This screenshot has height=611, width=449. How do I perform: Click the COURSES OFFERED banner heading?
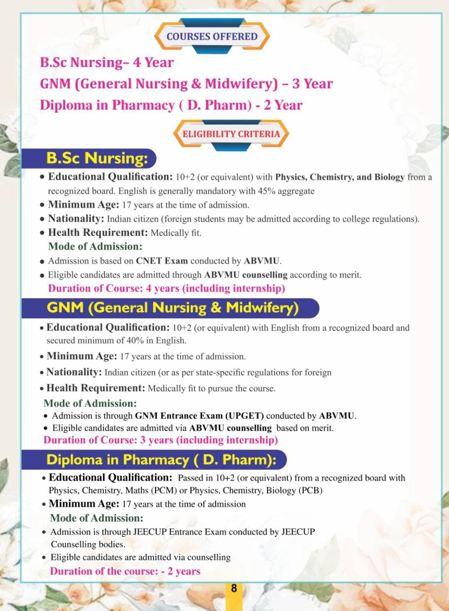tap(212, 37)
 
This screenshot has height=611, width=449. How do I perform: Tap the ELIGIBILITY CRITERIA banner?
tap(231, 134)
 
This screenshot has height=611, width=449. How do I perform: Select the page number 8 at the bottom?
tap(234, 588)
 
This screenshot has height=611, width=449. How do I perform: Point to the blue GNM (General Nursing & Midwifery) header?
tap(173, 308)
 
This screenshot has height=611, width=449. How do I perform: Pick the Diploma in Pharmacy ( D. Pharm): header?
tap(161, 460)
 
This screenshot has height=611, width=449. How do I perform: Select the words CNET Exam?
tap(162, 261)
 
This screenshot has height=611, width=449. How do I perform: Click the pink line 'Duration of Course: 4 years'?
tap(166, 288)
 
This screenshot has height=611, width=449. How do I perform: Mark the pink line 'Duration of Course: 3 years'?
tap(160, 440)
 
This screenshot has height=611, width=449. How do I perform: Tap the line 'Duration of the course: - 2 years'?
tap(125, 571)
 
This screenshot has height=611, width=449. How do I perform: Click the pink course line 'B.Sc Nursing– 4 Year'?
tap(107, 62)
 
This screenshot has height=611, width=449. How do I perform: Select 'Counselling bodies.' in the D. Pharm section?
tap(88, 544)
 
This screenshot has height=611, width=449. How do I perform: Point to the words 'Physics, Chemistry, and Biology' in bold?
tap(340, 177)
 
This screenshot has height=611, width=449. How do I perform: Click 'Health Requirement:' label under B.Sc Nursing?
tap(98, 233)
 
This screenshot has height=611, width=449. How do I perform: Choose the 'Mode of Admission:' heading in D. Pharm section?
tap(96, 518)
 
